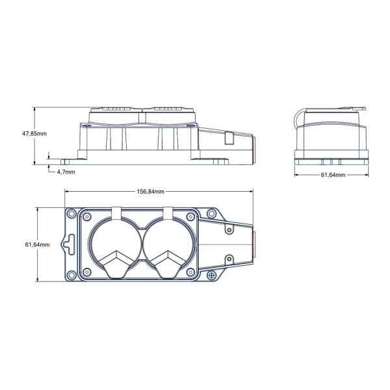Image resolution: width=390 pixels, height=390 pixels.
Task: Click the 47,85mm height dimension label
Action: [x=34, y=133]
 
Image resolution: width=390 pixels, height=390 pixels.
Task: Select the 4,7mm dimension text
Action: [x=66, y=172]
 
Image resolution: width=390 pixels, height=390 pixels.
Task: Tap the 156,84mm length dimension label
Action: [x=151, y=192]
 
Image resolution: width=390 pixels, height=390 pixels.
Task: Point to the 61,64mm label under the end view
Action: [x=333, y=175]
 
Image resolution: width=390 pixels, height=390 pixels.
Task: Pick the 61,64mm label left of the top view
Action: [x=37, y=245]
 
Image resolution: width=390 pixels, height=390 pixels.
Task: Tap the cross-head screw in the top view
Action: [x=212, y=276]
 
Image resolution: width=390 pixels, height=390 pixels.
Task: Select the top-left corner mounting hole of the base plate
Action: [x=71, y=213]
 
